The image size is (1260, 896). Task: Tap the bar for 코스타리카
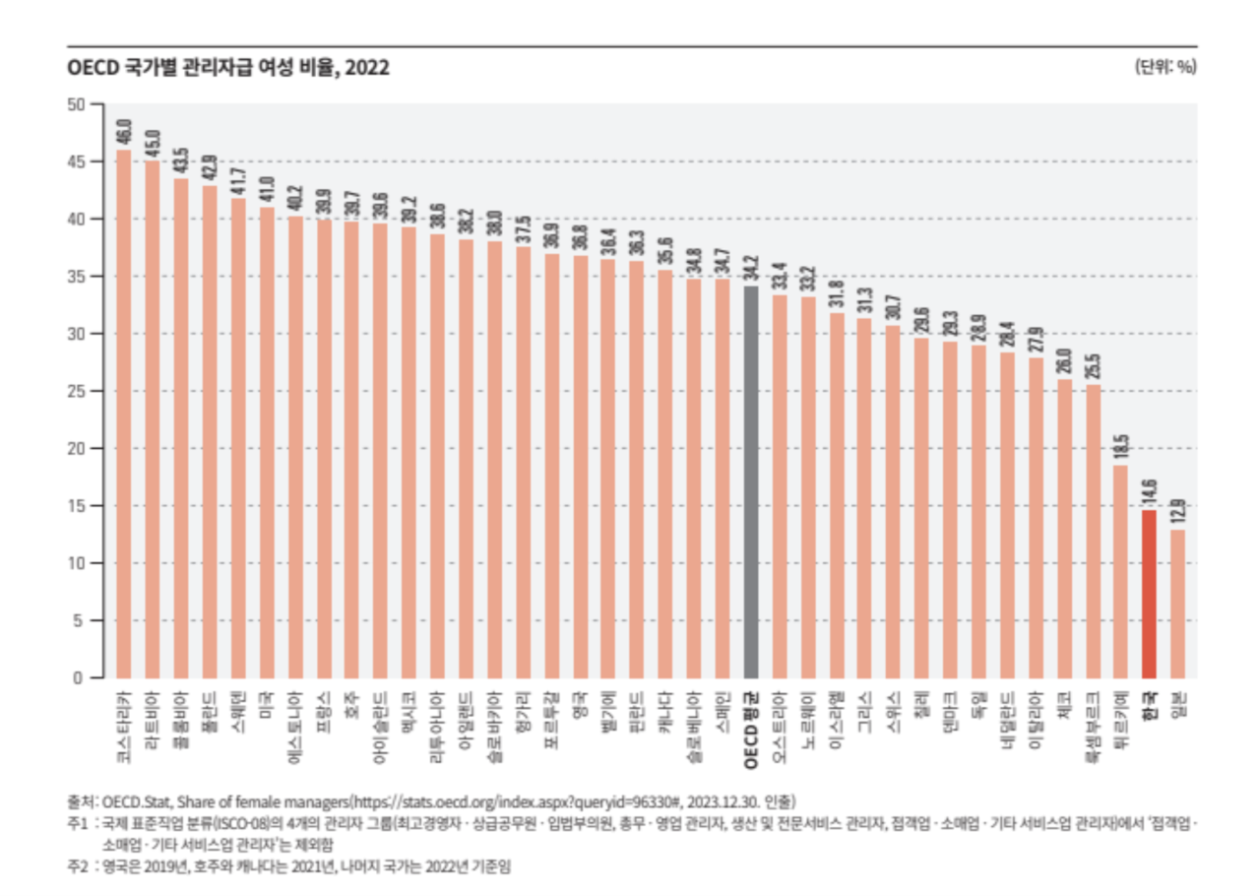[124, 414]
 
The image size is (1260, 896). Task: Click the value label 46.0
[124, 131]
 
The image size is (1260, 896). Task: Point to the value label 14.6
[1149, 492]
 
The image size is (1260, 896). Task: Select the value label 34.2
[750, 268]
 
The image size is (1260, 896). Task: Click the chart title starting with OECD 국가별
[227, 68]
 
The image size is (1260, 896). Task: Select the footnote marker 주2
[78, 866]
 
